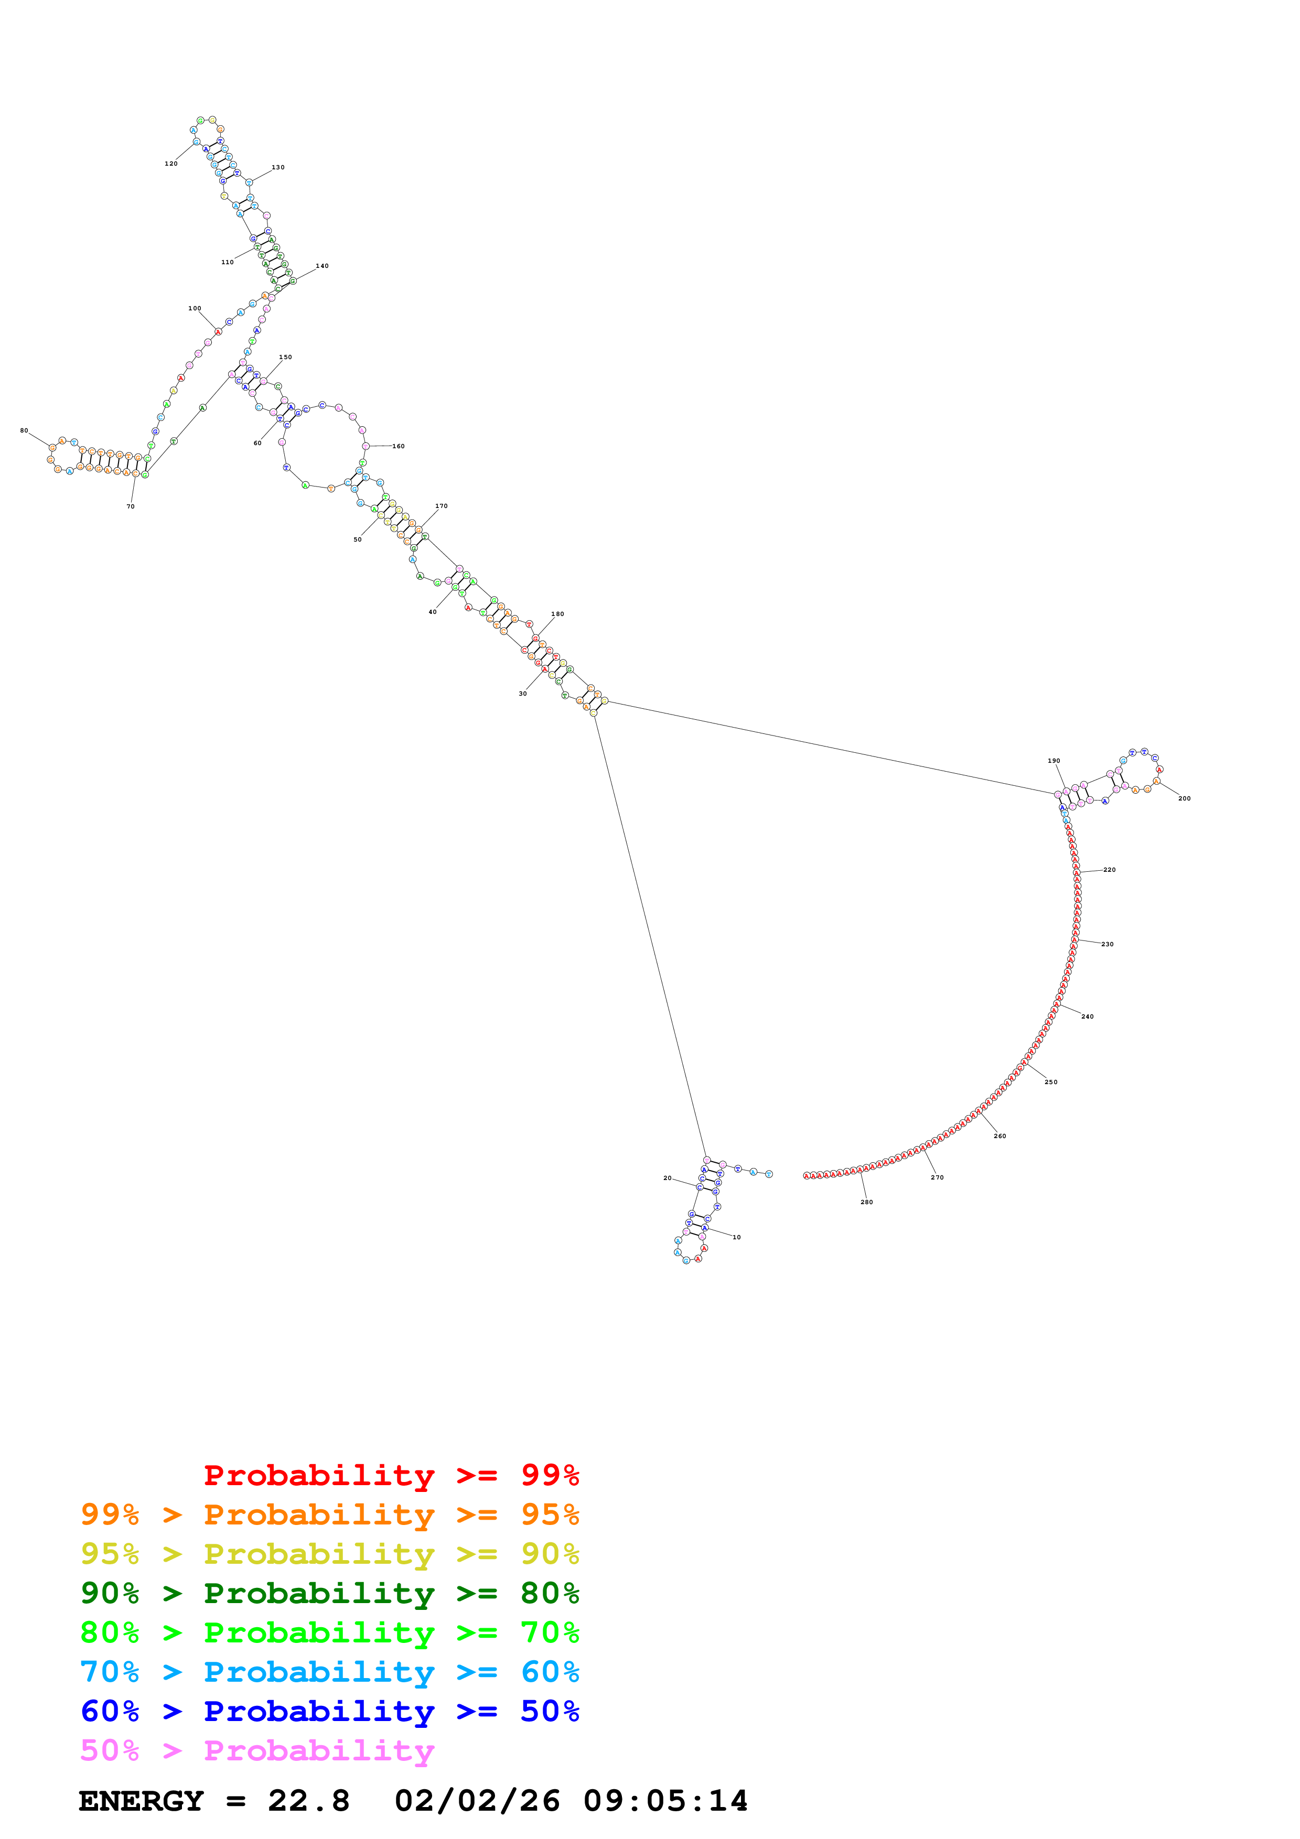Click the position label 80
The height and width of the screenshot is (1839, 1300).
24,431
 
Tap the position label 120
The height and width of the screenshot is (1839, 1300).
170,164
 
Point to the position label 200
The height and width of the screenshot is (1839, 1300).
1184,798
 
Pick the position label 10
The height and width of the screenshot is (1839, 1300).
736,1238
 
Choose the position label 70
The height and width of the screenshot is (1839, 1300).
131,507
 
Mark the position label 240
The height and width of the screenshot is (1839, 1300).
1087,1017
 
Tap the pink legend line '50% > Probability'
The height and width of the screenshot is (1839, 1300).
257,1751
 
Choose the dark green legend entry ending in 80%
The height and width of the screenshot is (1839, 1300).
329,1594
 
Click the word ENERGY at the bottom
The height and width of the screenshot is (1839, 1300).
141,1801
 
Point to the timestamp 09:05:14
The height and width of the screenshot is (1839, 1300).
665,1801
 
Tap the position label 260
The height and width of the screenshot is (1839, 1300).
999,1137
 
